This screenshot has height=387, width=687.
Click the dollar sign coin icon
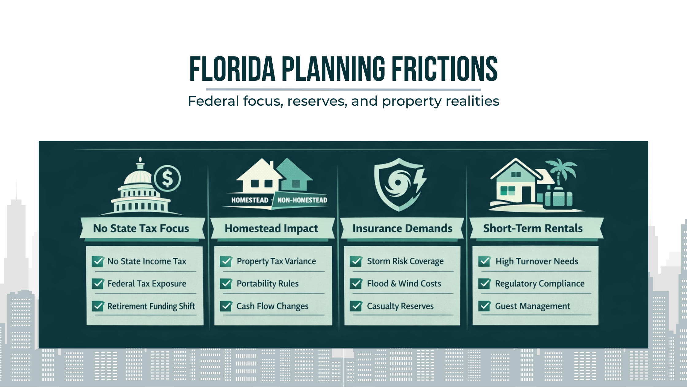click(x=167, y=178)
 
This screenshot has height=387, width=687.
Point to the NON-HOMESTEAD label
click(x=302, y=200)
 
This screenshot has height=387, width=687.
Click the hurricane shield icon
click(x=397, y=184)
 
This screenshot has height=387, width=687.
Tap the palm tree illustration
click(x=562, y=172)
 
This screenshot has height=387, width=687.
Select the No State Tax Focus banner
click(x=141, y=229)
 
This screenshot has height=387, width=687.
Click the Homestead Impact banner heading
click(x=271, y=229)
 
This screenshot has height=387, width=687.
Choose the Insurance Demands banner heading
click(x=402, y=229)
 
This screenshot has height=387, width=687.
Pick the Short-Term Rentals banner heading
click(x=533, y=229)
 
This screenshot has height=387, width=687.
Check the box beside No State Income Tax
click(x=98, y=261)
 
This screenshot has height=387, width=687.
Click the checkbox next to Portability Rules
click(x=226, y=283)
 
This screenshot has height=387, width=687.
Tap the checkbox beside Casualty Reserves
click(x=356, y=306)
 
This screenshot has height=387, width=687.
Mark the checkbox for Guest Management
click(x=485, y=306)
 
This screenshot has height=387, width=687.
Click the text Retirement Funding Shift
click(x=151, y=306)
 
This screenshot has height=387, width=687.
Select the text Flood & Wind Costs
click(x=404, y=283)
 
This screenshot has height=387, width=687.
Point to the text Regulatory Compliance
click(x=540, y=283)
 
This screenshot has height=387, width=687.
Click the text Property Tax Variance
click(x=276, y=261)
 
